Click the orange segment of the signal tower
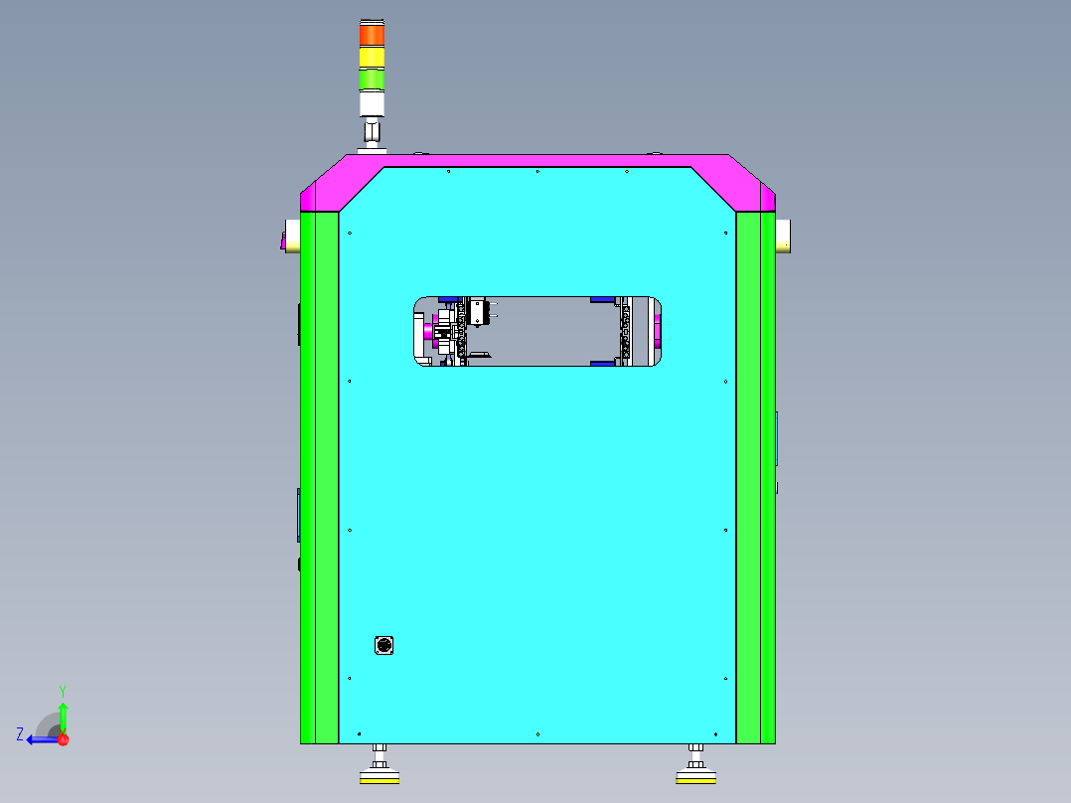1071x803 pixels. (372, 35)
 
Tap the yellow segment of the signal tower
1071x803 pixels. (372, 58)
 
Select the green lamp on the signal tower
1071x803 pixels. (372, 80)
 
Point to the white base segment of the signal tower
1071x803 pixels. (372, 104)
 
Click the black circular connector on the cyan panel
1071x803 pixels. (383, 646)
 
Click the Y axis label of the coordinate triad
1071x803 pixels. (62, 690)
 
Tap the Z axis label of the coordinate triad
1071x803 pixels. (20, 734)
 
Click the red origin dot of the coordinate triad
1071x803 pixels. (63, 739)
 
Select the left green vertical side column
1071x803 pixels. (319, 477)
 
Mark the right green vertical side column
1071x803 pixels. (755, 477)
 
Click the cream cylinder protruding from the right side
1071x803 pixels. (783, 235)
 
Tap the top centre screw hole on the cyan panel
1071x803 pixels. (537, 171)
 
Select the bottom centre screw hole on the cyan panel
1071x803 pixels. (537, 734)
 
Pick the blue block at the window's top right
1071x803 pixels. (601, 299)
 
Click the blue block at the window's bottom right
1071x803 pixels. (601, 363)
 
